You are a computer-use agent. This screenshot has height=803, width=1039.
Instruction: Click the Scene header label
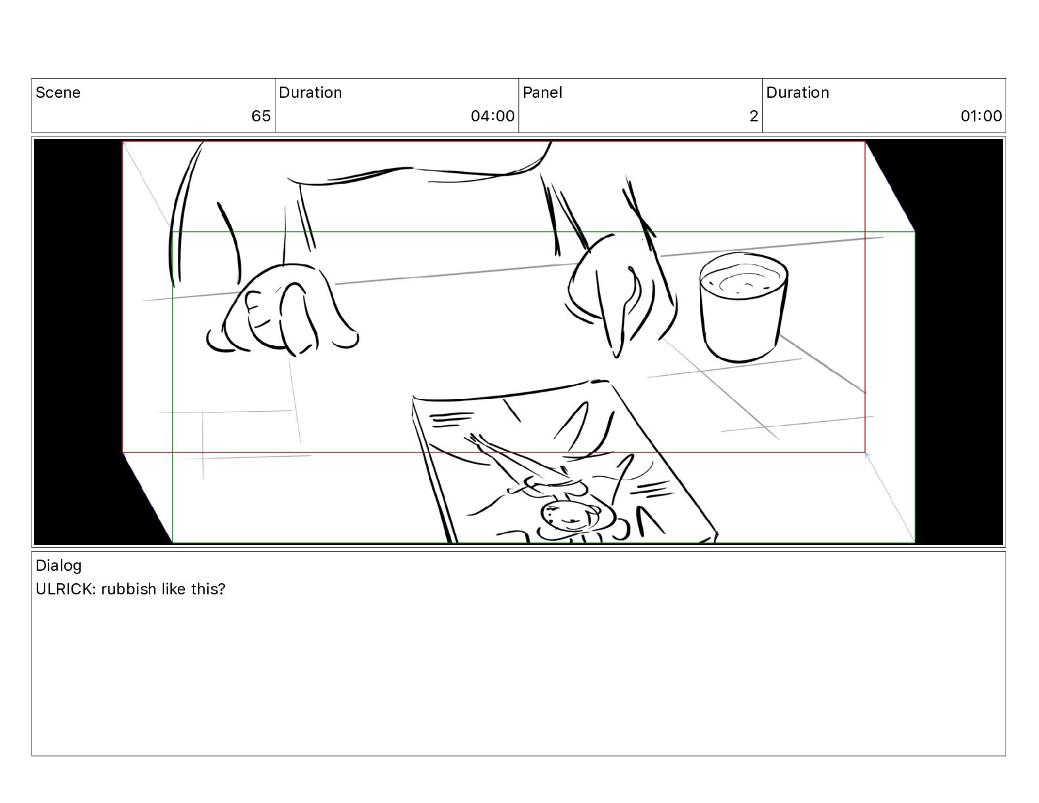click(x=58, y=93)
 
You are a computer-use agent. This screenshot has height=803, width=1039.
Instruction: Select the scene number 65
click(x=261, y=115)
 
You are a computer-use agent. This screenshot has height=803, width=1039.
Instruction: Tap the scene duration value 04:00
click(x=493, y=115)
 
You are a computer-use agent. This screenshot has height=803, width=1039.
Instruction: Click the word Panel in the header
click(x=542, y=93)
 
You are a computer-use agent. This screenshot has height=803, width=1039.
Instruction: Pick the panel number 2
click(x=754, y=115)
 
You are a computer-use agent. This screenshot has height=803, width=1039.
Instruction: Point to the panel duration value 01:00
click(x=981, y=115)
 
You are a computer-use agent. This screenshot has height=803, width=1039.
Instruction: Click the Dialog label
click(x=58, y=566)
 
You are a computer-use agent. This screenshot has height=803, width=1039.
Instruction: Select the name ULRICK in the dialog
click(x=66, y=589)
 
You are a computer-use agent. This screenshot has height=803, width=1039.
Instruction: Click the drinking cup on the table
click(x=743, y=308)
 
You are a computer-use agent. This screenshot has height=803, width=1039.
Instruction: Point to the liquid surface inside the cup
click(x=744, y=280)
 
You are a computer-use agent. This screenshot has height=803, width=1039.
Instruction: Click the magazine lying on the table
click(x=564, y=461)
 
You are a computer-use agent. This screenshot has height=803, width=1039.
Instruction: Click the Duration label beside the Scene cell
click(x=310, y=93)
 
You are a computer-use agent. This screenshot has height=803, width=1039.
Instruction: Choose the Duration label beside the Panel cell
click(x=798, y=93)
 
